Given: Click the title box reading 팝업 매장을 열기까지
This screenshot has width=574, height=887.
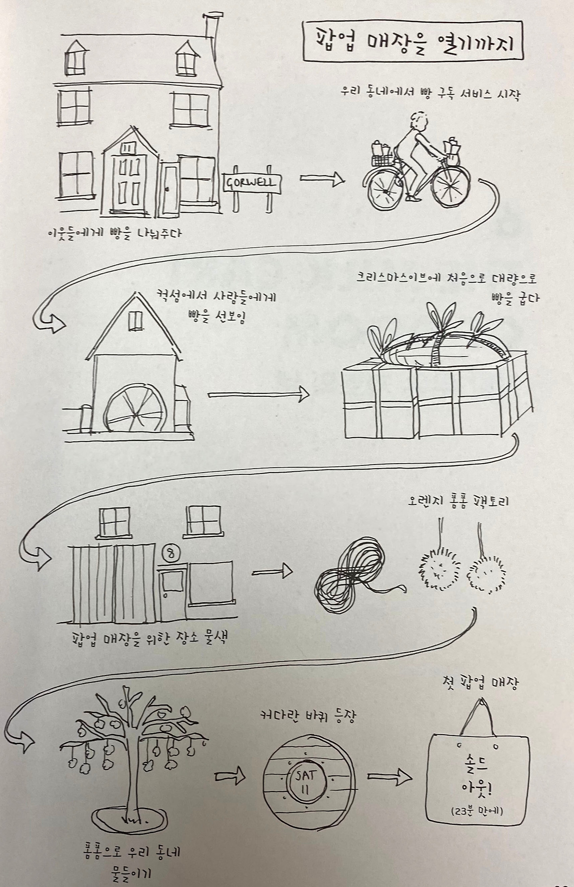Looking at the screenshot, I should (413, 42).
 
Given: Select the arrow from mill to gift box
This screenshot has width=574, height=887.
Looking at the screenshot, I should (259, 395).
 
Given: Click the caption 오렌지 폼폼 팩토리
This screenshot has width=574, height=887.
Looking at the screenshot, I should (458, 501).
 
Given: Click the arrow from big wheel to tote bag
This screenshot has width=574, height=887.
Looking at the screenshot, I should (389, 777).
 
